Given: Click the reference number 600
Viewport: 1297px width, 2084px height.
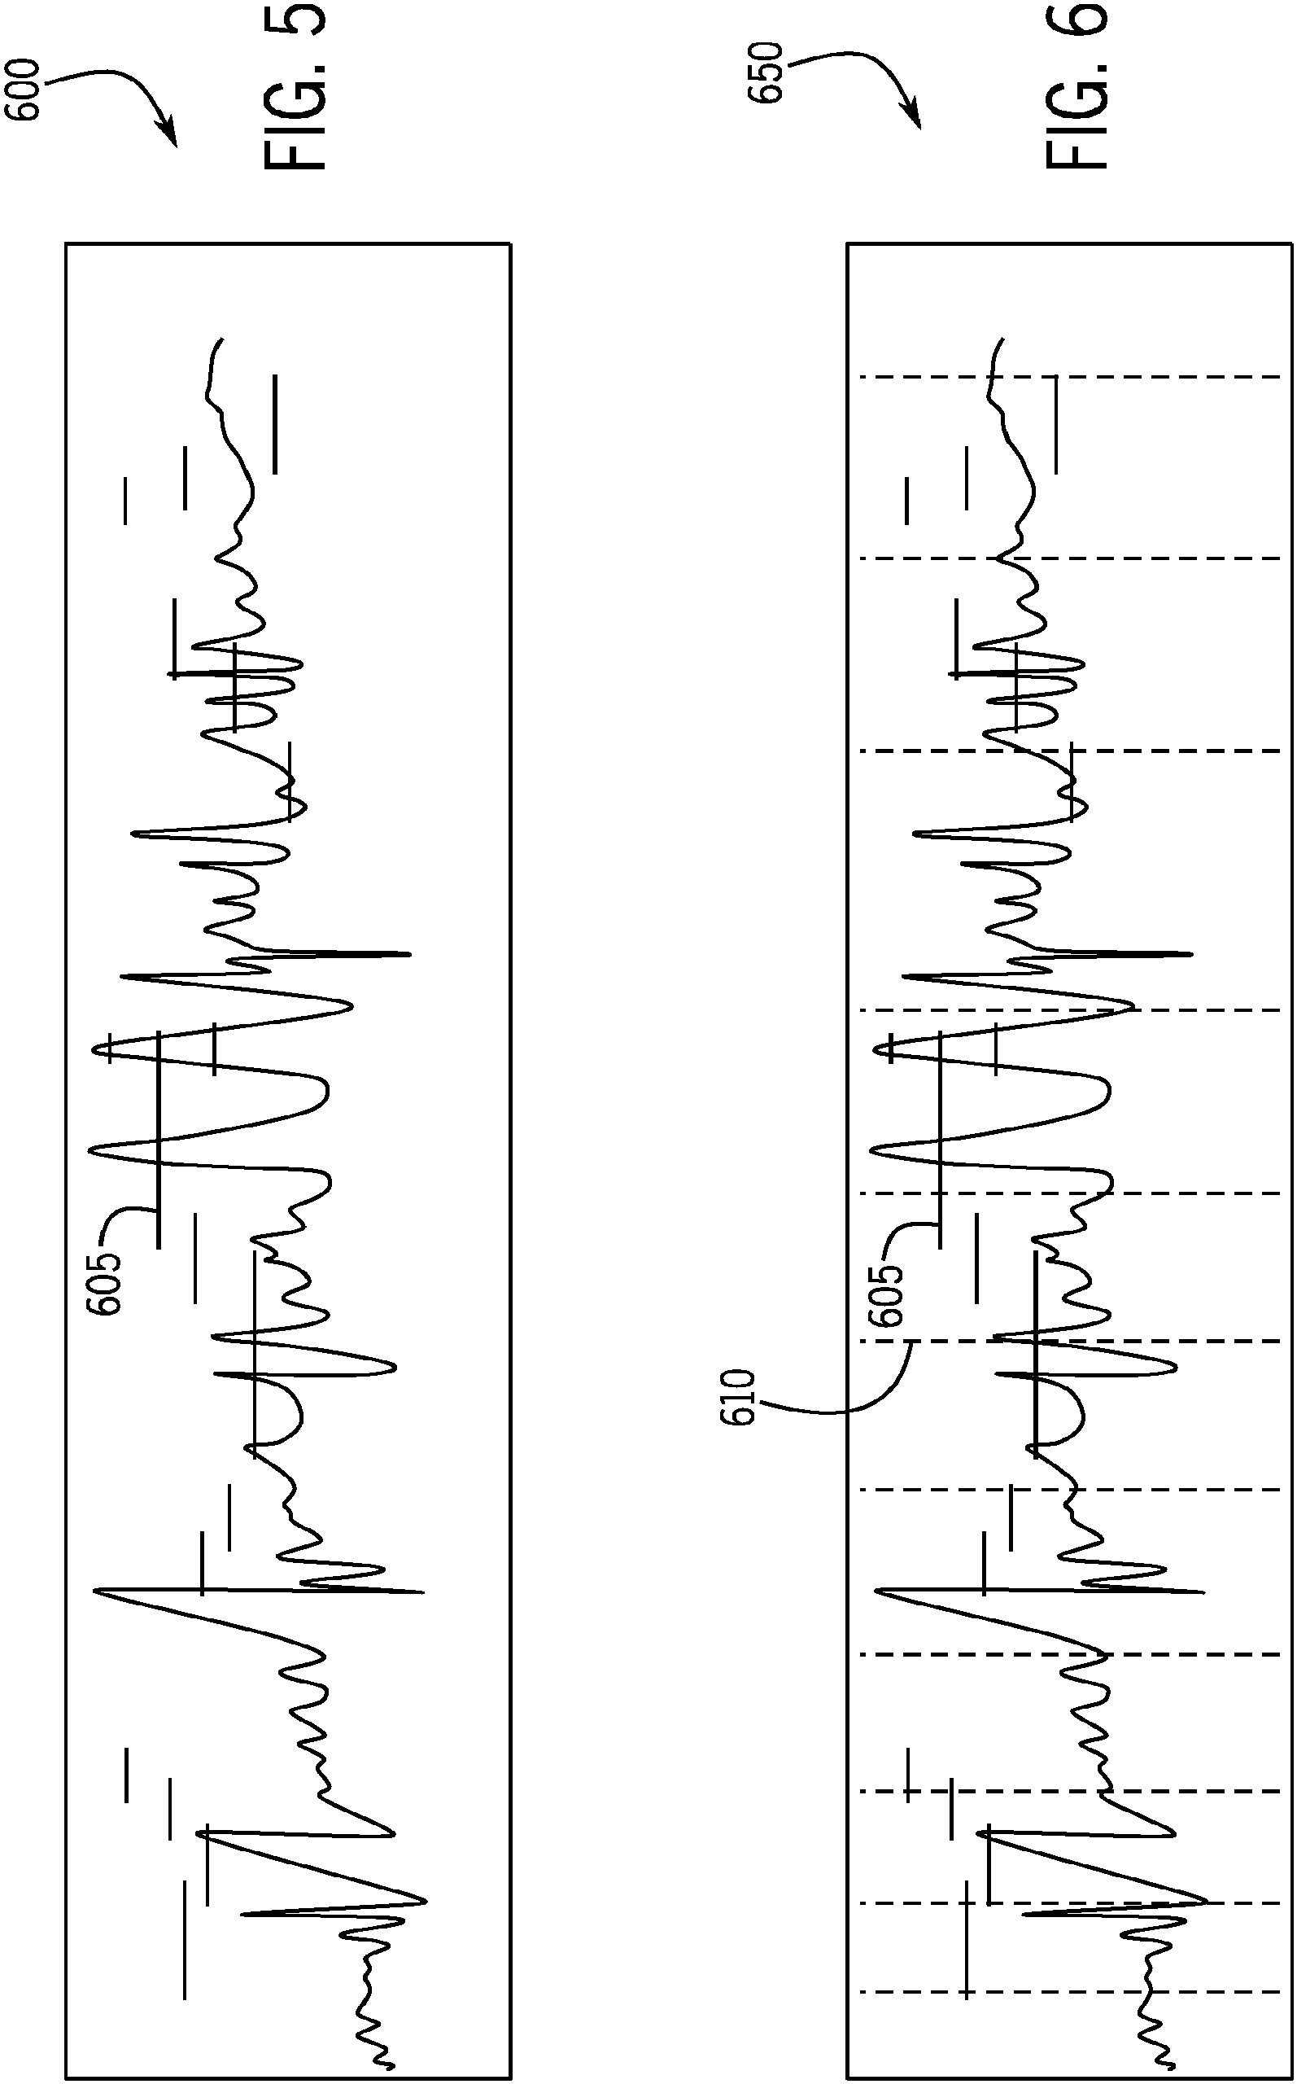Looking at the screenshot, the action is (22, 90).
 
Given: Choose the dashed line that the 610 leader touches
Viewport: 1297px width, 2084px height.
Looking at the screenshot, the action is (1072, 1341).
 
